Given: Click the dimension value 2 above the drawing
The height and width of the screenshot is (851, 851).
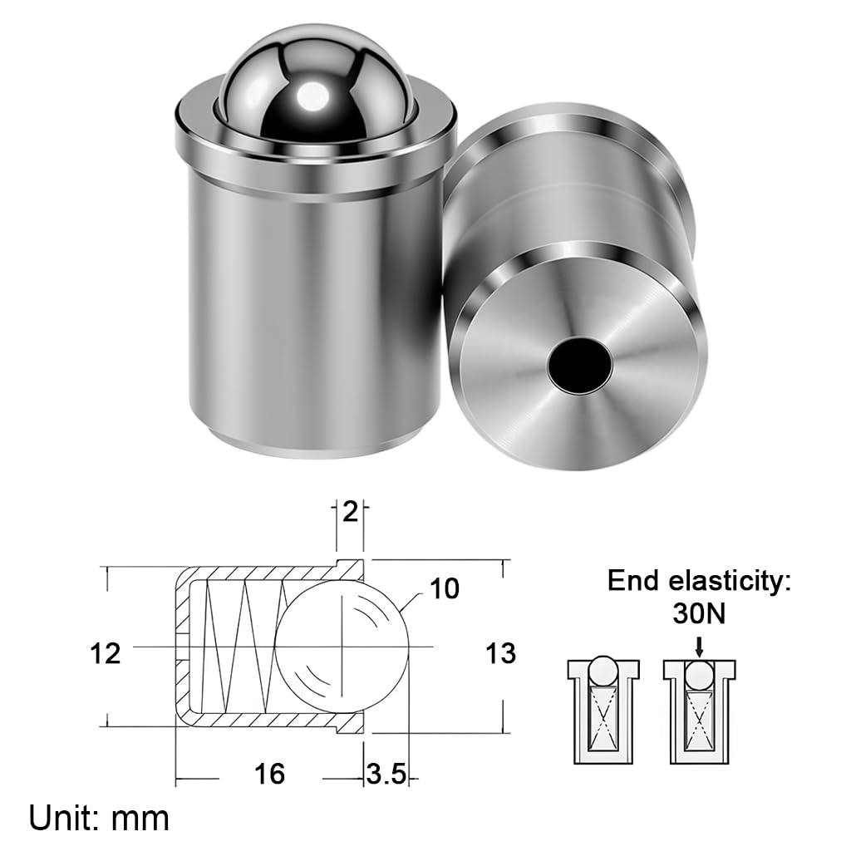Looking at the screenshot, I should (x=350, y=512).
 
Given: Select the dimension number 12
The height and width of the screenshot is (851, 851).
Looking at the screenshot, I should (x=106, y=653).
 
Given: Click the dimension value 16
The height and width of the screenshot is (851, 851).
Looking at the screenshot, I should (x=269, y=775).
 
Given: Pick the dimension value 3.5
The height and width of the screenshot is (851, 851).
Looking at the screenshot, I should (x=386, y=775).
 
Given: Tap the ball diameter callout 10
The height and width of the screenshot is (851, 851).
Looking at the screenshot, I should (x=445, y=589).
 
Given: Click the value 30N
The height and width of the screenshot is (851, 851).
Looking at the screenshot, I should (x=698, y=616).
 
